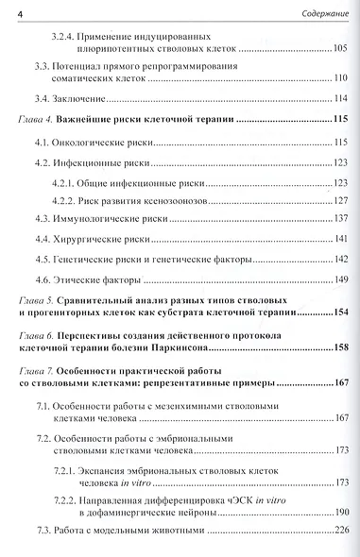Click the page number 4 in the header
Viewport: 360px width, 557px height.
[x=21, y=10]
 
